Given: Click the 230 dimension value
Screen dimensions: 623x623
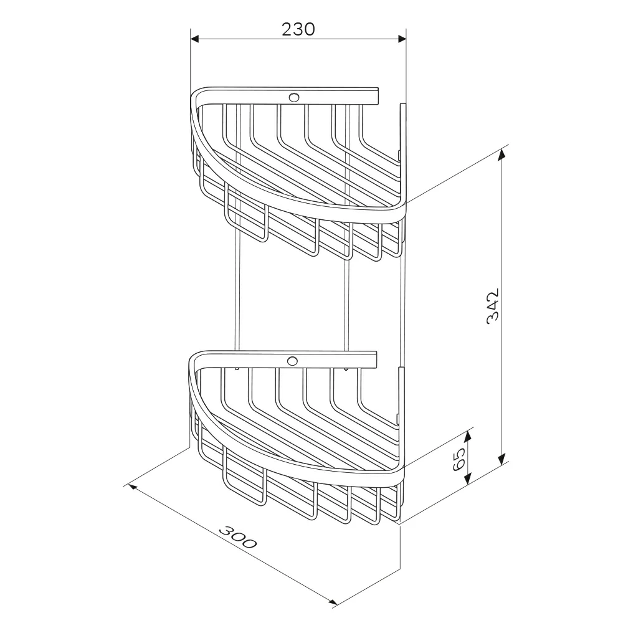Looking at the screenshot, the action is click(x=298, y=29).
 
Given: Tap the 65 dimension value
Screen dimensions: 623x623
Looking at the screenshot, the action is click(x=459, y=459).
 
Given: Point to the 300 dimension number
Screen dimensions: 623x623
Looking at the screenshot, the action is click(x=237, y=537).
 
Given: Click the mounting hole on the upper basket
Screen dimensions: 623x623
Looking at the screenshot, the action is click(x=294, y=97).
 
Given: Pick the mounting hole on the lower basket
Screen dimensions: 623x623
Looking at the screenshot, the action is click(x=292, y=361).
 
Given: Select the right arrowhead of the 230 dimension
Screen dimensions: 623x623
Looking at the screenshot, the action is click(x=402, y=39).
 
